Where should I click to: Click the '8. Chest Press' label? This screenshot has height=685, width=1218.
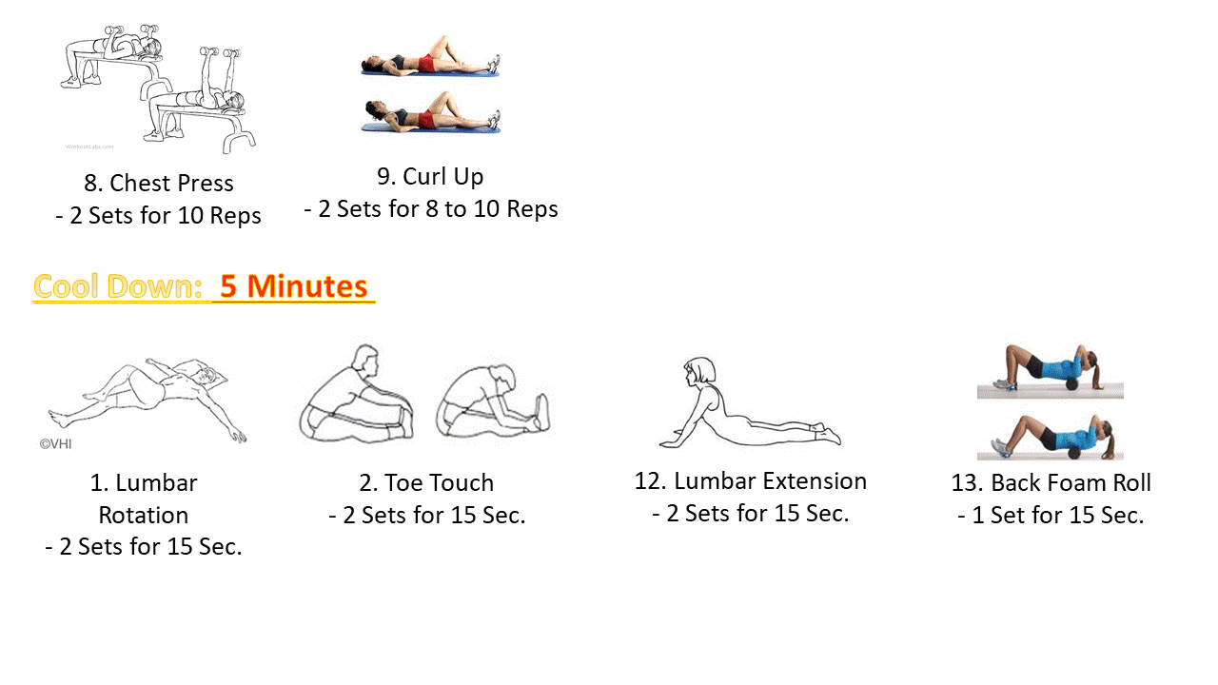(x=158, y=183)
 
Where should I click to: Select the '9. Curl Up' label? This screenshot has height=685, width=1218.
(x=430, y=176)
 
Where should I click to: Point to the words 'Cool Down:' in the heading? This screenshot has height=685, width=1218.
(x=118, y=286)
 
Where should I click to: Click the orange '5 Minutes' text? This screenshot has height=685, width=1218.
(x=293, y=286)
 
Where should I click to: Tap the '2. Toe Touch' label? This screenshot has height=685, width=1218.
(x=426, y=482)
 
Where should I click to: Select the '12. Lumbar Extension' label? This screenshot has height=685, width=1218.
(x=750, y=480)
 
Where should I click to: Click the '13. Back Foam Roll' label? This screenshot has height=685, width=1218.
(x=1051, y=482)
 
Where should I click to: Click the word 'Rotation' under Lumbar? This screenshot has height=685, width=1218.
(x=144, y=515)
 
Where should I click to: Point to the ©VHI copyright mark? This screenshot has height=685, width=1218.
(x=56, y=443)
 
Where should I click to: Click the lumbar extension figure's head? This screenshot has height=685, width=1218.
(x=699, y=371)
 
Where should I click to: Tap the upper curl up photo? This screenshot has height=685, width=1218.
(x=430, y=56)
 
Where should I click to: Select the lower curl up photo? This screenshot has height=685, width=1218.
(x=430, y=113)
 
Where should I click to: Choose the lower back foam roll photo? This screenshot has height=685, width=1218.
(x=1050, y=437)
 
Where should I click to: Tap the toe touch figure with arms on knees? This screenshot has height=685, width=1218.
(x=357, y=395)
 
